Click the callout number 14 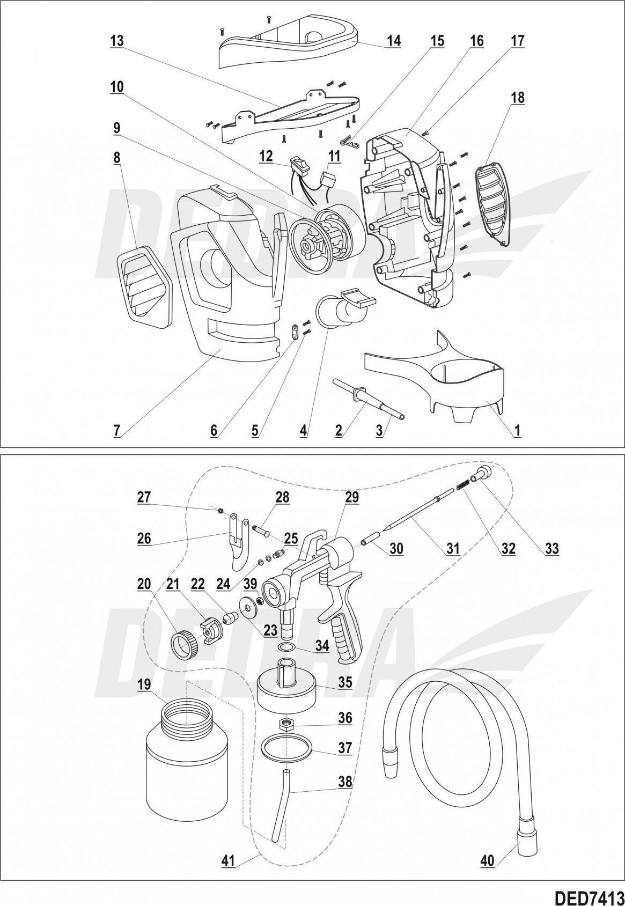[x=394, y=41]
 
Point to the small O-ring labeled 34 [x=288, y=646]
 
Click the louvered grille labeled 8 [x=143, y=288]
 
